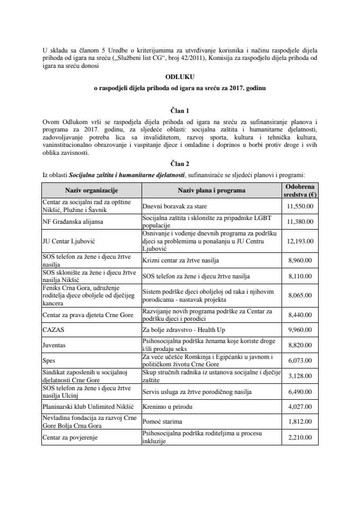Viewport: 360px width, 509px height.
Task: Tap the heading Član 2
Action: click(179, 164)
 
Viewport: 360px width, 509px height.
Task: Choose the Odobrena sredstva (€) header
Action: click(300, 190)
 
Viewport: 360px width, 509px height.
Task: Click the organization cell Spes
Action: click(50, 359)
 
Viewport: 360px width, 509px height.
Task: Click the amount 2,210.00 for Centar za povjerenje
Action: click(300, 437)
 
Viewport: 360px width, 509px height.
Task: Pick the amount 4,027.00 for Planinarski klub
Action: click(300, 407)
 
